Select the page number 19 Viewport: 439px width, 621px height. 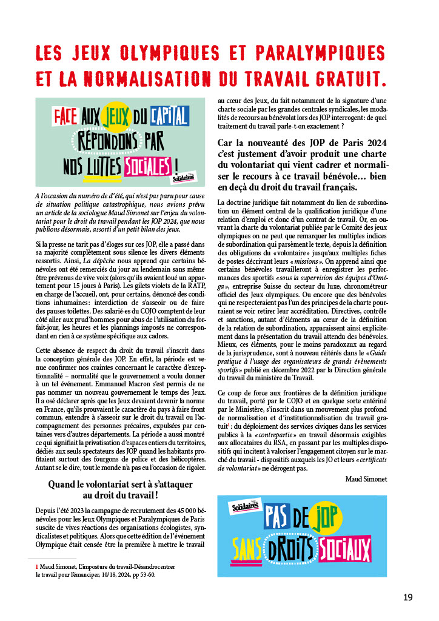tap(408, 597)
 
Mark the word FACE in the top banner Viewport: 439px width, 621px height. tap(62, 113)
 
